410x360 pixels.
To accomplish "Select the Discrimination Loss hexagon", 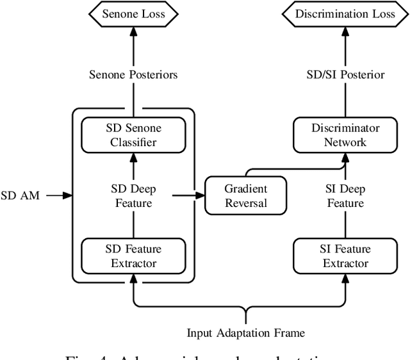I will click(345, 13).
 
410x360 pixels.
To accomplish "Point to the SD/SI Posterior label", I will click(345, 75).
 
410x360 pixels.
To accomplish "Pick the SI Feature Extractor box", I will click(345, 256).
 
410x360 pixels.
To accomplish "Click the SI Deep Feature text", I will click(345, 197).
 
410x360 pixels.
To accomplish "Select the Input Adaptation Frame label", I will click(245, 332).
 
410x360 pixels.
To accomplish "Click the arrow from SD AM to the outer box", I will click(58, 195).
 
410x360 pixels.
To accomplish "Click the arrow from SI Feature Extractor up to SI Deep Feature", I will click(345, 224).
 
